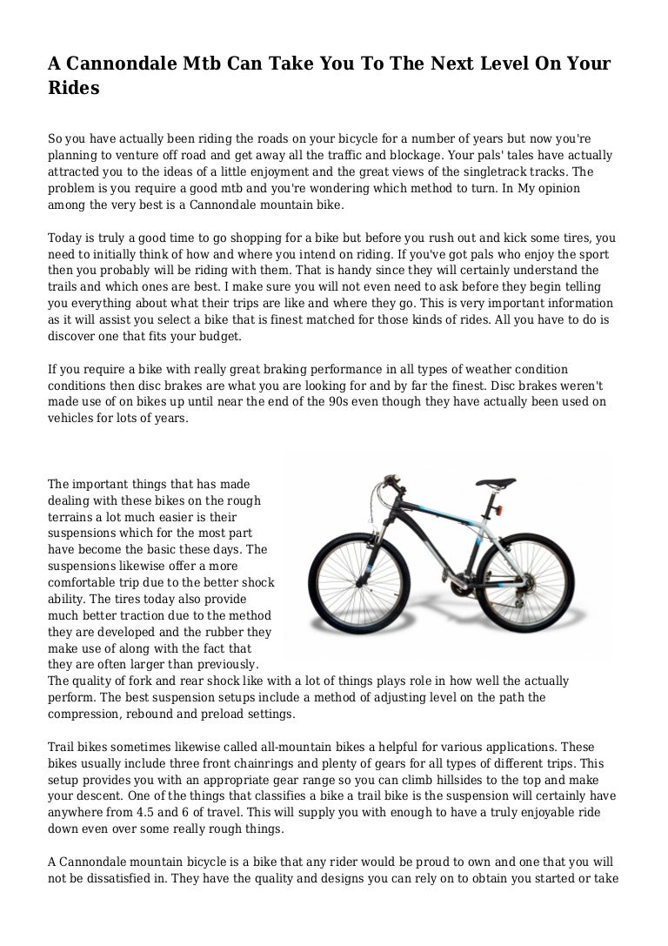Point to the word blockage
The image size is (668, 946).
417,157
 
